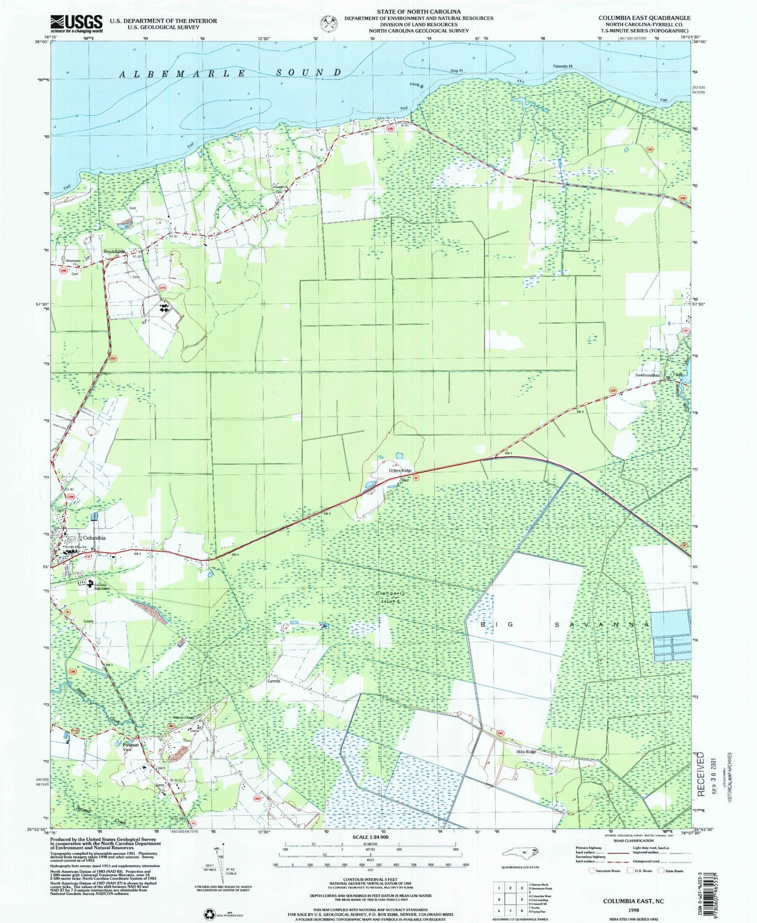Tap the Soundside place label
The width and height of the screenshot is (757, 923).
pyautogui.click(x=114, y=251)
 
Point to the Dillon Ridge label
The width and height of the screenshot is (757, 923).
pyautogui.click(x=400, y=470)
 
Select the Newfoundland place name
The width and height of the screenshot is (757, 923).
pyautogui.click(x=644, y=375)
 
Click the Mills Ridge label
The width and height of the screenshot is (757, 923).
pyautogui.click(x=525, y=752)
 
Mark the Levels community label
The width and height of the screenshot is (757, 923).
pyautogui.click(x=273, y=681)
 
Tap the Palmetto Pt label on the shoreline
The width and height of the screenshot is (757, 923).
pyautogui.click(x=564, y=66)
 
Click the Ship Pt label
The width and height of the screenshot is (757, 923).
pyautogui.click(x=456, y=71)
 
